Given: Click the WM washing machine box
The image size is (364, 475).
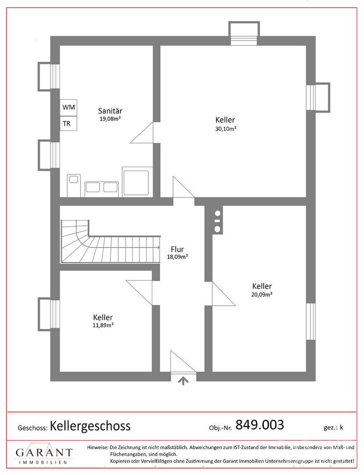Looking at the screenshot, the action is (x=68, y=107).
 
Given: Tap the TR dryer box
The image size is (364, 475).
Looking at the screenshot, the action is (x=68, y=123).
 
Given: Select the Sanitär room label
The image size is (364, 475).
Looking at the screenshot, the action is (x=110, y=111).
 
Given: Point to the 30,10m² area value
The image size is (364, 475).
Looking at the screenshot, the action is (x=226, y=128).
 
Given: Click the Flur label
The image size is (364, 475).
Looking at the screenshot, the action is (x=177, y=249).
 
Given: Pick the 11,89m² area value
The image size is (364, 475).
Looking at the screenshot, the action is (x=103, y=325).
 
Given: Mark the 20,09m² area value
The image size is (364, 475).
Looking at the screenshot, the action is (x=262, y=294).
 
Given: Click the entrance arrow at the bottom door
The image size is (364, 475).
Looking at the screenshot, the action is (x=183, y=380).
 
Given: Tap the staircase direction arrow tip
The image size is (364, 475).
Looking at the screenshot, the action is (x=160, y=248).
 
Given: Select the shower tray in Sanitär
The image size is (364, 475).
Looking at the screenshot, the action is (x=135, y=182).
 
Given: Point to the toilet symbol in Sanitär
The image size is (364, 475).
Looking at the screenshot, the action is (x=74, y=185).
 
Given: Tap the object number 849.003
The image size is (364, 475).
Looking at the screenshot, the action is (x=259, y=425).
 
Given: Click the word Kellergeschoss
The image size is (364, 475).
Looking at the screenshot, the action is (x=90, y=426).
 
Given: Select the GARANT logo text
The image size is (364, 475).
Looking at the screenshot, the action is (x=44, y=453).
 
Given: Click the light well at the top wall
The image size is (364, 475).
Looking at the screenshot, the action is (x=244, y=33).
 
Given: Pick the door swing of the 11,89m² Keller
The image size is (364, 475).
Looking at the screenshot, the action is (x=139, y=293).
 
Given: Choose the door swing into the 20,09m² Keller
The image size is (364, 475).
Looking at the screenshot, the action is (x=224, y=294).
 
